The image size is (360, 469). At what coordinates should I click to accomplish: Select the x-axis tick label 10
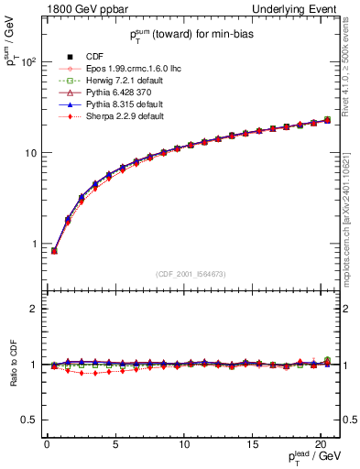click(184, 443)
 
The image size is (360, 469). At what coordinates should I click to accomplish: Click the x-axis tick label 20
click(322, 443)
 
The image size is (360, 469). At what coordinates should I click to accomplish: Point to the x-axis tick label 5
click(115, 443)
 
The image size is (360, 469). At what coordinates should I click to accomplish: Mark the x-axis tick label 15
click(253, 443)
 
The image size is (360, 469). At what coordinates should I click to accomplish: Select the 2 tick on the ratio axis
click(35, 309)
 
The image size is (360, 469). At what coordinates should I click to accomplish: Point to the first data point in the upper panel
click(54, 250)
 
